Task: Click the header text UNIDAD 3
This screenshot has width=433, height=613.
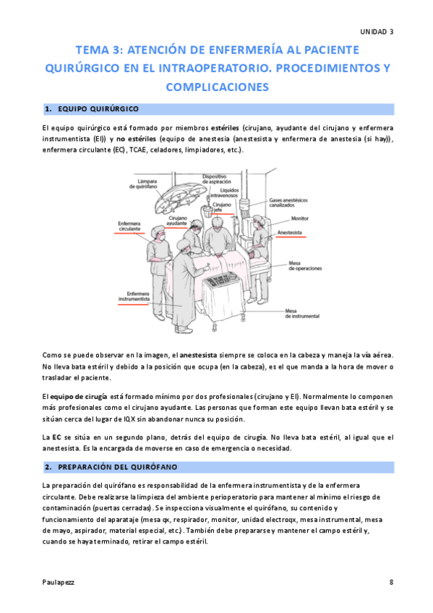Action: click(377, 32)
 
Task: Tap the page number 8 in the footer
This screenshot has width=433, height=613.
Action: click(391, 582)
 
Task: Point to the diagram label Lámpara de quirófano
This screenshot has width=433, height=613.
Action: click(142, 184)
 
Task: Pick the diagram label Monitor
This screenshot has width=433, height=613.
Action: click(299, 218)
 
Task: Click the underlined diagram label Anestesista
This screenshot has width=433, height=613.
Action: click(290, 233)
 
